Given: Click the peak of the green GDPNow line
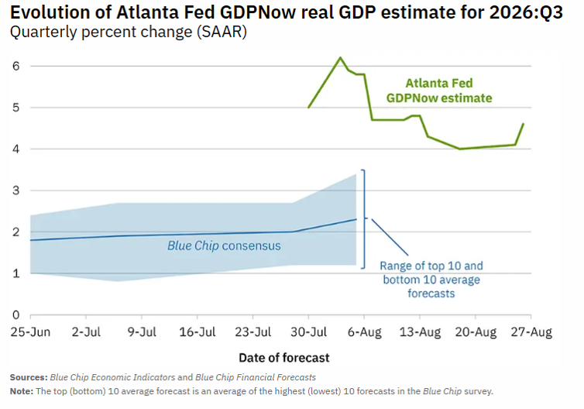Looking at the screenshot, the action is click(x=340, y=57).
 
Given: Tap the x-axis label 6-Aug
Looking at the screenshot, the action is click(x=364, y=332).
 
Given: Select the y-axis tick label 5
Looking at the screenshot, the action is click(x=15, y=108).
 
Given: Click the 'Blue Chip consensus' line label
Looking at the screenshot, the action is click(x=224, y=246).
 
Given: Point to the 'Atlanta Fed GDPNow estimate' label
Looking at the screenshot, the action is click(x=439, y=91).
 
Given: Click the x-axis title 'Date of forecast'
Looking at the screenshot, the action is click(x=284, y=358).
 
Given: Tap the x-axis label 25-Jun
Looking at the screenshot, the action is click(x=30, y=332).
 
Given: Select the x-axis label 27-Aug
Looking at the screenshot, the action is click(x=531, y=332).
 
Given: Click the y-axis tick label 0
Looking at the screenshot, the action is click(x=15, y=315).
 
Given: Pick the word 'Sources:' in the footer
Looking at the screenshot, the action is click(x=29, y=377).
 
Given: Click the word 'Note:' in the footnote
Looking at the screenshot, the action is click(x=22, y=391).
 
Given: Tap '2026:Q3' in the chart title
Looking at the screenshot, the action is click(x=526, y=12).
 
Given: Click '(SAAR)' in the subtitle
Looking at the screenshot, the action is click(x=222, y=32).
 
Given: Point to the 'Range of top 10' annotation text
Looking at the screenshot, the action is click(x=431, y=266).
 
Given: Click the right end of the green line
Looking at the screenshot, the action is click(x=524, y=124).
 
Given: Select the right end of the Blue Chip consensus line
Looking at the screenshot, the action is click(x=356, y=219).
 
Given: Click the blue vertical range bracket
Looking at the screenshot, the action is click(x=364, y=219).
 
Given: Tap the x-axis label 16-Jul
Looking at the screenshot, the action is click(x=198, y=332).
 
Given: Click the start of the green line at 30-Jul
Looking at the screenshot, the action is click(x=309, y=107).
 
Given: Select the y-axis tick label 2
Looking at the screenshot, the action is click(x=15, y=232).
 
